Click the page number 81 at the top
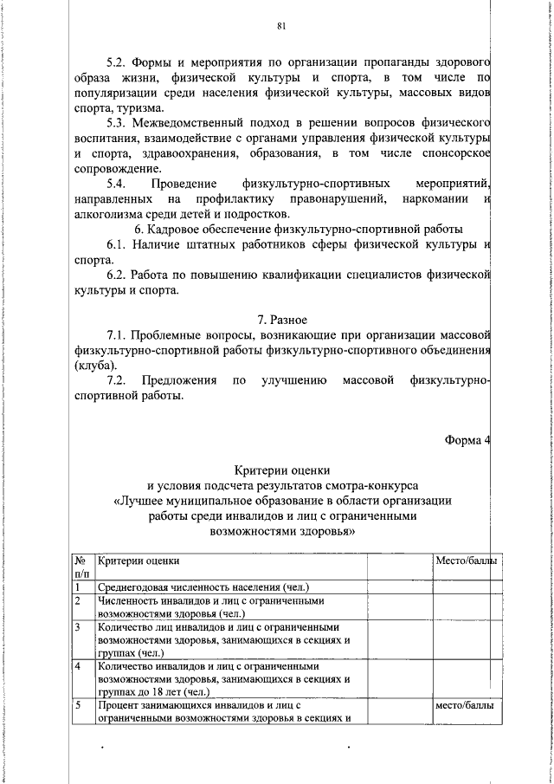(x=281, y=26)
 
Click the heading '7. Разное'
(x=282, y=321)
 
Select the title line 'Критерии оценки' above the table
(x=282, y=469)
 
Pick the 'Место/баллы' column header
(x=466, y=561)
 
